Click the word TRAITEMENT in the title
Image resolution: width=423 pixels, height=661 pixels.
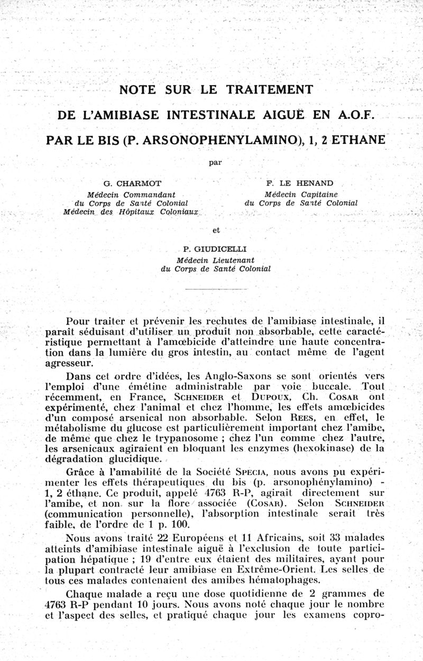[269, 89]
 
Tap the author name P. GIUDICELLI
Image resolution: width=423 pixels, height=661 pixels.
[215, 249]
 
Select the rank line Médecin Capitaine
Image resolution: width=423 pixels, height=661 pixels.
[301, 194]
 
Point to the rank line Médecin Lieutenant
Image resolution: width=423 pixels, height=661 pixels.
[216, 260]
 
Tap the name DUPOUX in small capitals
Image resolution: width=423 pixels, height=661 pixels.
[269, 397]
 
